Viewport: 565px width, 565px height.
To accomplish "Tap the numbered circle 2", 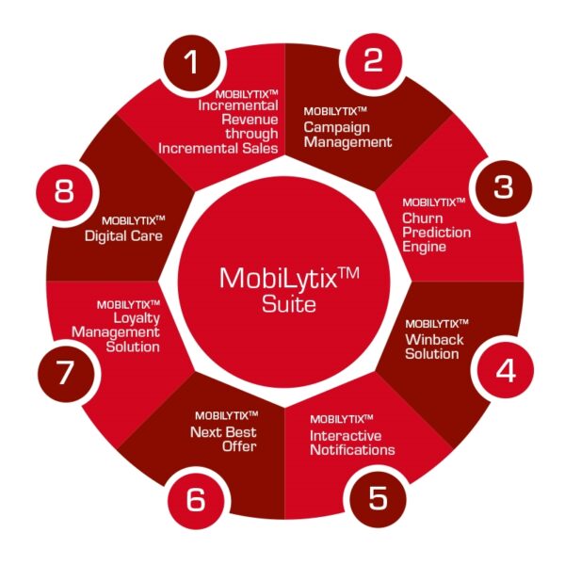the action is coord(373,60).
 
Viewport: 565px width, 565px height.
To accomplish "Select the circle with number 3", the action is coord(504,188).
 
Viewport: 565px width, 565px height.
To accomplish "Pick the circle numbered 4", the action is coord(506,370).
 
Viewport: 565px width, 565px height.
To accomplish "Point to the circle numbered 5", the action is coord(378,499).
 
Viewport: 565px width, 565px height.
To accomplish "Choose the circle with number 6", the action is coord(196,500).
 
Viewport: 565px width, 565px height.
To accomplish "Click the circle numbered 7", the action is coord(66,374).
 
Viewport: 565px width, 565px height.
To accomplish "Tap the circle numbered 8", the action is coord(64,192).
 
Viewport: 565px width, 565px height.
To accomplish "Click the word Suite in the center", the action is coord(289,304).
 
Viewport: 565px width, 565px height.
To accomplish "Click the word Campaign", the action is coord(336,128).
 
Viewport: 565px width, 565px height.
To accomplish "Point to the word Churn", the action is coord(422,218).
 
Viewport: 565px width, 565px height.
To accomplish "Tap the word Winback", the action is coord(434,339).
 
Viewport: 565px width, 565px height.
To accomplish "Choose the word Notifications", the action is coord(352,450).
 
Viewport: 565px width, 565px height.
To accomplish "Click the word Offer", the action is coord(239,446).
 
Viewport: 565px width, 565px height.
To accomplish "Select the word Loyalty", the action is coord(137,318).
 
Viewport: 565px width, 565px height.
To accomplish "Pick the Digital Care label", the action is coord(123,236).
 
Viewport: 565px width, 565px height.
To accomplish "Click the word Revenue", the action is coord(250,120).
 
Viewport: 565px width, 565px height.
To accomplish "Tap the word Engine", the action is coord(424,247).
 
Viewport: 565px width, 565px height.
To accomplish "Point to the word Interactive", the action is coord(346,436).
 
